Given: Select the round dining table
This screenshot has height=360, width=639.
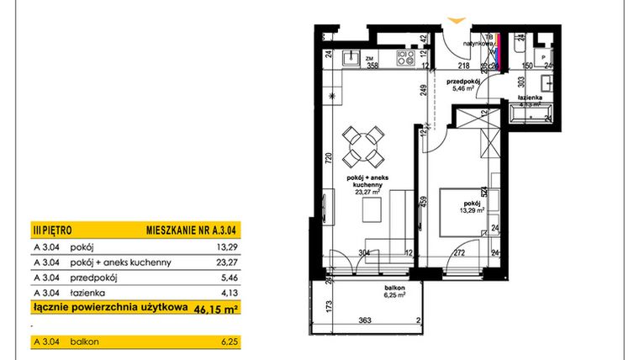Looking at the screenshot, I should (364, 146).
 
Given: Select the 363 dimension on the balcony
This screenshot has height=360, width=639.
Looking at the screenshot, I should (366, 320).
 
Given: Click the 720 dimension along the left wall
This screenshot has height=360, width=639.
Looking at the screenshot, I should (330, 156).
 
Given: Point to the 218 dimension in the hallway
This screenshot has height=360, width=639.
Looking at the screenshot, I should (462, 65).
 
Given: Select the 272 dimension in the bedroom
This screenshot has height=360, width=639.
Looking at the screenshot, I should (460, 251).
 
